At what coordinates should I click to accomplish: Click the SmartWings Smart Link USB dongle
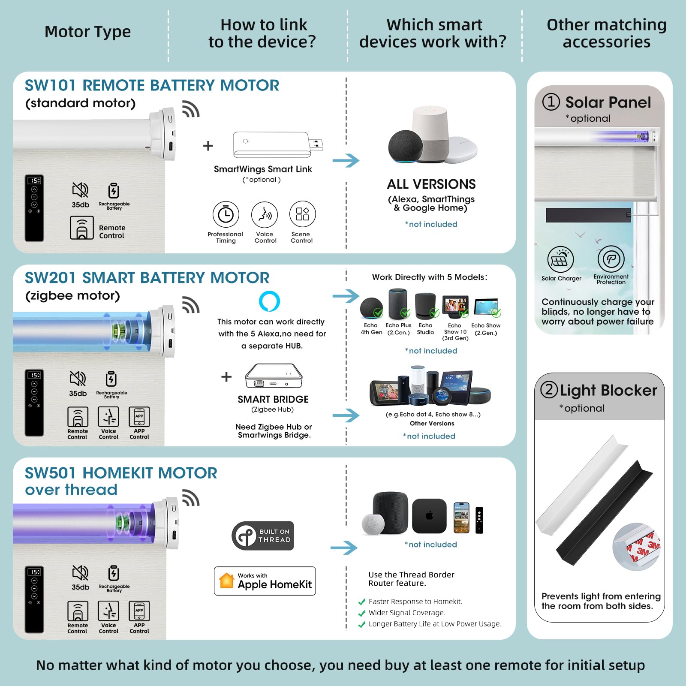pos(278,144)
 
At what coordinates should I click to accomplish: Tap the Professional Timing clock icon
pos(226,214)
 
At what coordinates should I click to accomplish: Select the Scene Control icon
pos(302,214)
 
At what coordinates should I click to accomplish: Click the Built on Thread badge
pos(263,536)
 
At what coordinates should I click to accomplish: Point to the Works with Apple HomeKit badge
pos(265,581)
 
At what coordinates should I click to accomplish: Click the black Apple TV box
pos(429,516)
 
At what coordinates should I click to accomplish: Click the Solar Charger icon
pos(561,259)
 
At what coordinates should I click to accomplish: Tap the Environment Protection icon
pos(611,259)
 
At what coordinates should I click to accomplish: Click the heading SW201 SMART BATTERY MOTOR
pos(147,278)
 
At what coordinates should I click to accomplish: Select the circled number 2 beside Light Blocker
pos(549,390)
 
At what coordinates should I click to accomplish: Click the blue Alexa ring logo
pos(269,301)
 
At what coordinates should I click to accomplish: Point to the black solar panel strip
pos(588,215)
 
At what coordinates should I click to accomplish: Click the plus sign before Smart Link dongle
pos(208,146)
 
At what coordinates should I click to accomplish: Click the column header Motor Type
pos(88,32)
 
